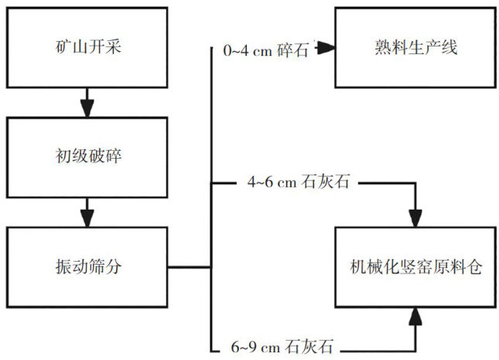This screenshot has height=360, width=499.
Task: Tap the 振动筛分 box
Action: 87,267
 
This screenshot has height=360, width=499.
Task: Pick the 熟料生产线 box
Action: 414,48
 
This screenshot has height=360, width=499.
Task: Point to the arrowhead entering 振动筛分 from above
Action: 87,216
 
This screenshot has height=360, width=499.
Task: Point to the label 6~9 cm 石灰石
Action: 284,345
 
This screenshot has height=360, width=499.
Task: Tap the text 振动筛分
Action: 87,267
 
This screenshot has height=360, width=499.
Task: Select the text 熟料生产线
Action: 414,48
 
